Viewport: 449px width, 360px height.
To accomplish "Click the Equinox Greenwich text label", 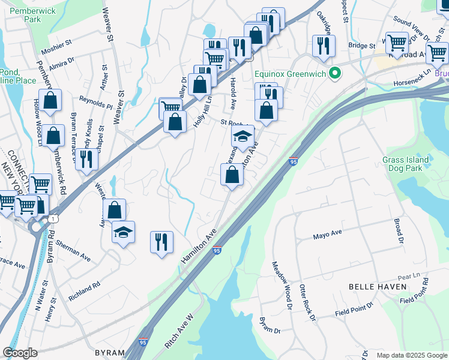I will (x=290, y=74).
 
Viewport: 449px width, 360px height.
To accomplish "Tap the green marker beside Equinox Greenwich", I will (x=336, y=74).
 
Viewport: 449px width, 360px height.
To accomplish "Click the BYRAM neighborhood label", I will (x=109, y=353).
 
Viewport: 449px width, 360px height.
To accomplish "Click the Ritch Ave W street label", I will (x=179, y=332).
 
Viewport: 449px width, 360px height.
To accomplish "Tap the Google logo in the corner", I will (x=20, y=353).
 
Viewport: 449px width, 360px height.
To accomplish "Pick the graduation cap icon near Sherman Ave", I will (x=124, y=233).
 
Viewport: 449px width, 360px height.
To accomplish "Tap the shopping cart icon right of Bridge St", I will (x=397, y=43).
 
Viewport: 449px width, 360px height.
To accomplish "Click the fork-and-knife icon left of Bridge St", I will (x=324, y=45).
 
